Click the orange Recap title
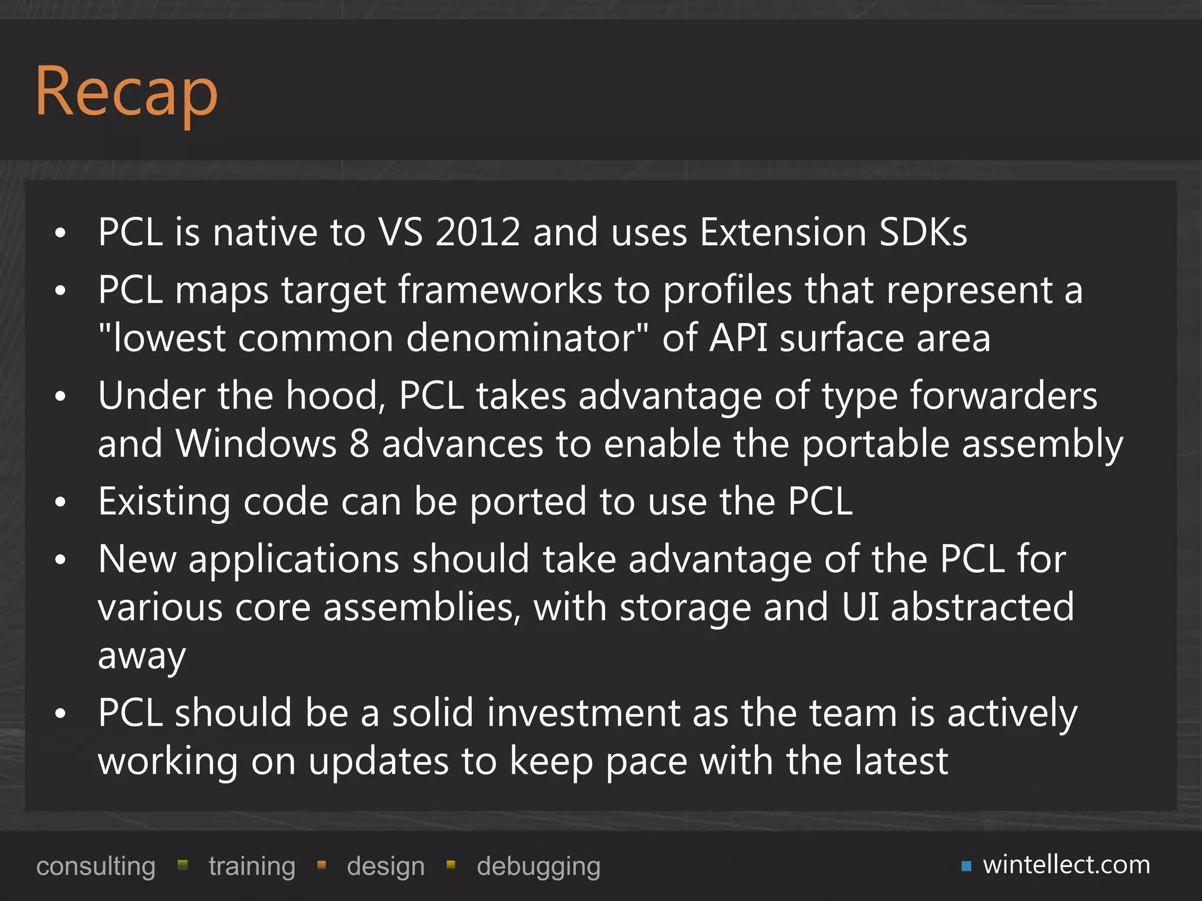click(126, 93)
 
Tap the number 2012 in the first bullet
click(478, 232)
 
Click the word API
click(738, 338)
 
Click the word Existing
click(164, 502)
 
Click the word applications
click(293, 559)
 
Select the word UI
click(860, 607)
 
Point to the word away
click(141, 656)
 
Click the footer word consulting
click(96, 866)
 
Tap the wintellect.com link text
click(1066, 865)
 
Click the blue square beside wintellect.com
click(966, 866)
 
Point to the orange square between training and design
click(321, 865)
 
